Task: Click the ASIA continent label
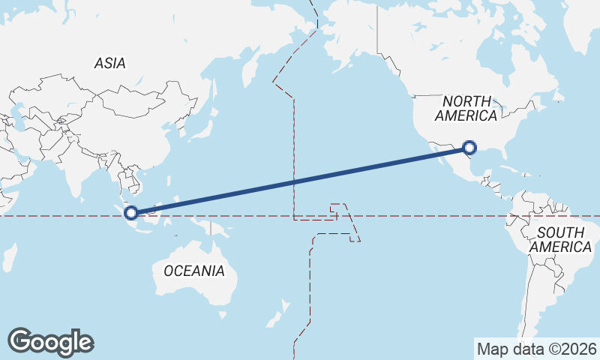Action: [109, 64]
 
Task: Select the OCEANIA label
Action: [193, 271]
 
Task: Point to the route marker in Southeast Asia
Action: [131, 213]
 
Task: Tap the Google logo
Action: [50, 342]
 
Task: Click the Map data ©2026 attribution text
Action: [536, 349]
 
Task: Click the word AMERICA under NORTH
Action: [466, 116]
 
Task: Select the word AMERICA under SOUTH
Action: [560, 247]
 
